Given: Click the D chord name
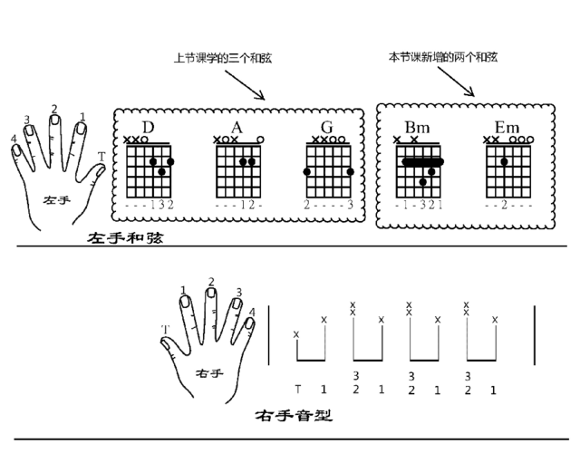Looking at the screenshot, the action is (148, 128).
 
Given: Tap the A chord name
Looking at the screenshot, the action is (237, 128).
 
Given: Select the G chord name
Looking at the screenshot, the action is (327, 128).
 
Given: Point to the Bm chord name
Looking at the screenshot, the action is (417, 128).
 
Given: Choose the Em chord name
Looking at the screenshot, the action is (507, 128).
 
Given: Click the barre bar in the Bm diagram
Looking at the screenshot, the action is (422, 161).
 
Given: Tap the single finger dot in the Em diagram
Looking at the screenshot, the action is (504, 161).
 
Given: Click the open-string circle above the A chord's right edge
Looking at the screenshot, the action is (260, 140).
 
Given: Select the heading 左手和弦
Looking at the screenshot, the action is (125, 237).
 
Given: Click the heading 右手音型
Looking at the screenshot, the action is (294, 415).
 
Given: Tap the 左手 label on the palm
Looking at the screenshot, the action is (56, 200).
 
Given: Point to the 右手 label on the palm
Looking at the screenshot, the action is (209, 373).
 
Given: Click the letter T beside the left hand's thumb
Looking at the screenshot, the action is (101, 157).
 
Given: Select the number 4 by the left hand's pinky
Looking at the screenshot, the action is (14, 139).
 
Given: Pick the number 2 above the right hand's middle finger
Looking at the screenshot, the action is (211, 282).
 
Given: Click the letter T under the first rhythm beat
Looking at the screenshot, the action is (298, 390).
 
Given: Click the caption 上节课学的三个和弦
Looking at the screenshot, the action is (223, 58).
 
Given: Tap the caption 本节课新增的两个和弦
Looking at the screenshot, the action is (443, 57).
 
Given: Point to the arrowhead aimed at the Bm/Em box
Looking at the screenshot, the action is (470, 92).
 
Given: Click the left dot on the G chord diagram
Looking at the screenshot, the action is (306, 171).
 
